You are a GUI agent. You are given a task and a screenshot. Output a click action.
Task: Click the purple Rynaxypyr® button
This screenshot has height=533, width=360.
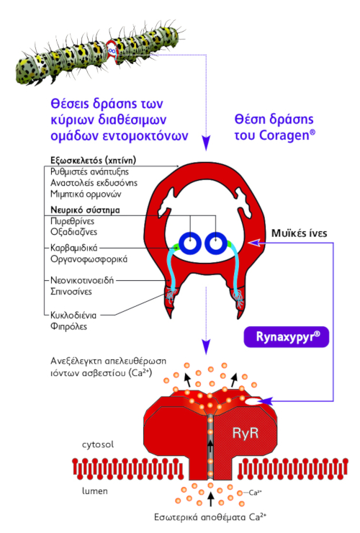[287, 337]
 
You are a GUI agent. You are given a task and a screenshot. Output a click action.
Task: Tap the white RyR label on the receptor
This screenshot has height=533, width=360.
[246, 433]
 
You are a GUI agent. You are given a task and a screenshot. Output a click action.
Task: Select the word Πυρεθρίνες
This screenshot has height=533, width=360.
[73, 221]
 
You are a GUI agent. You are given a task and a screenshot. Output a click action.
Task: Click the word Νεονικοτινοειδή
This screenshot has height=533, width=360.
[82, 280]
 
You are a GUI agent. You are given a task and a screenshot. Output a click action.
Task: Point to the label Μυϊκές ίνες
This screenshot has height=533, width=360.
[299, 233]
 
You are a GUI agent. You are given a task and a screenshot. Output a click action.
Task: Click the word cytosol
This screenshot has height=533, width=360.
[98, 444]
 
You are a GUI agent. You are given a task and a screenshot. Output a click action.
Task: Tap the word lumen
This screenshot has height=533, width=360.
[95, 491]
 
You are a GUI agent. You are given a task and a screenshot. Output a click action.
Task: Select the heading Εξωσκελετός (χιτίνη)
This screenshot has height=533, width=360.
[93, 160]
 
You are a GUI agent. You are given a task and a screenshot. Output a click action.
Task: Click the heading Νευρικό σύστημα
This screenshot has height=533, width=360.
[85, 210]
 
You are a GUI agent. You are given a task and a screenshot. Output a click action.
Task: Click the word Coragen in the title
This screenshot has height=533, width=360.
[284, 135]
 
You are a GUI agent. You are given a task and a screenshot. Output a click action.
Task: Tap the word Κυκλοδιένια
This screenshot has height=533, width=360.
[73, 315]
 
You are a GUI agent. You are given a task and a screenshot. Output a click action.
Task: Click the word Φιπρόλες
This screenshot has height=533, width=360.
[68, 327]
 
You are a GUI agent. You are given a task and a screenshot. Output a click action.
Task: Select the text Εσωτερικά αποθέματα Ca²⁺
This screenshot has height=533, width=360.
[210, 517]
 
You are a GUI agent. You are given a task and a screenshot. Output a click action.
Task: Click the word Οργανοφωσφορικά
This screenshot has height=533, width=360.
[89, 259]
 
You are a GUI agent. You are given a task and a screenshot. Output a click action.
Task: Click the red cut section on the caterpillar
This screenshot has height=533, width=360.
[112, 51]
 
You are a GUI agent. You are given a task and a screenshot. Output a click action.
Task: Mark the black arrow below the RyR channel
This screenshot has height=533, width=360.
[211, 498]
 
